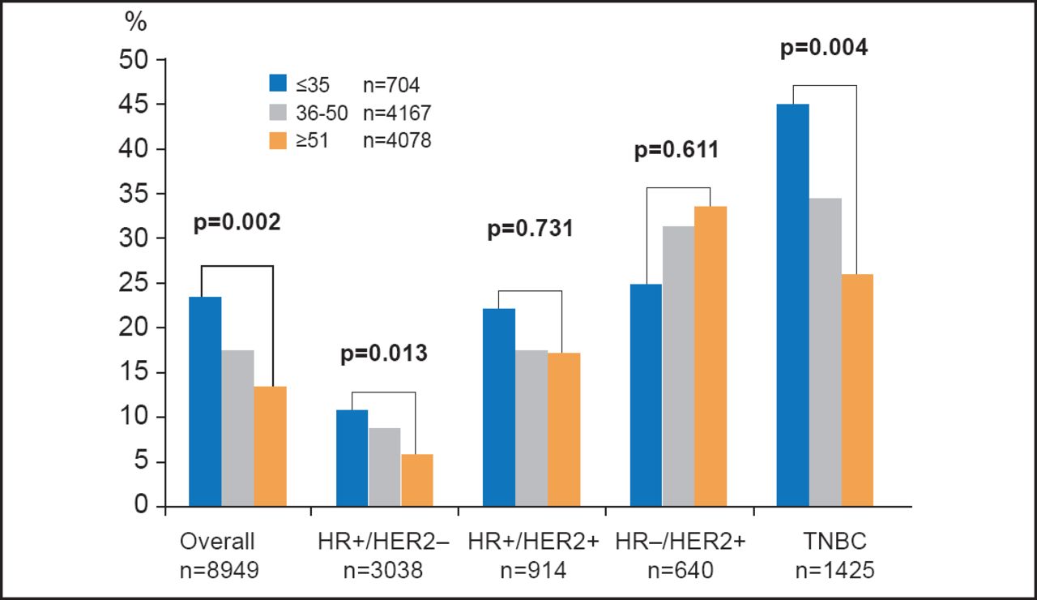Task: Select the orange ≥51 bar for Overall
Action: click(x=270, y=447)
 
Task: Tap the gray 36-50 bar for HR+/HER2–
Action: click(x=384, y=468)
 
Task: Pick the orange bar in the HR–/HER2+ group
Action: click(x=711, y=357)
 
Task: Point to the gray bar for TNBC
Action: click(x=825, y=353)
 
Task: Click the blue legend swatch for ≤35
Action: click(x=278, y=83)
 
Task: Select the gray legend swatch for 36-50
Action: click(x=278, y=112)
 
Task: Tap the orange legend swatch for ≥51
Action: click(x=278, y=140)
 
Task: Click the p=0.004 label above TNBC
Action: click(x=824, y=49)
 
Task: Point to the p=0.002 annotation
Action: click(x=237, y=224)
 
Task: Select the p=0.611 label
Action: click(x=676, y=151)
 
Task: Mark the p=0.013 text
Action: click(x=383, y=354)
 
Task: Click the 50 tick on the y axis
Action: click(x=137, y=60)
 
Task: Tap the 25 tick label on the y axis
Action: click(x=137, y=284)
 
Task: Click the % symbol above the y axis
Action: click(x=135, y=23)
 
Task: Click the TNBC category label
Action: click(x=824, y=542)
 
